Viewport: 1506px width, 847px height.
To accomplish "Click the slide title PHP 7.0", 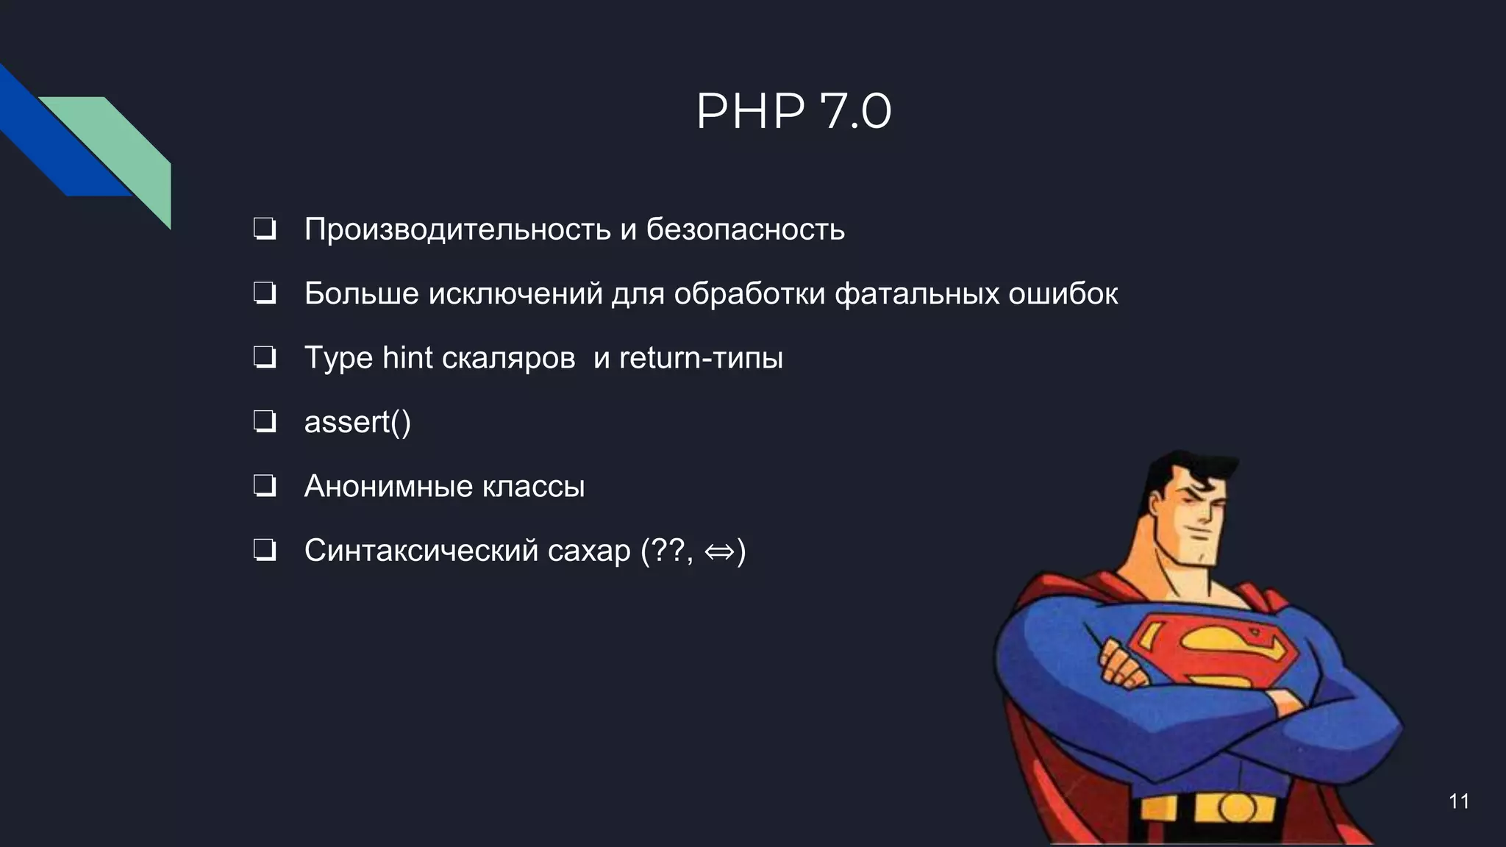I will tap(793, 112).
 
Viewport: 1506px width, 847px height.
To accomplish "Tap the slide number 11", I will tap(1458, 801).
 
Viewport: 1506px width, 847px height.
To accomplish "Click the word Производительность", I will tap(457, 229).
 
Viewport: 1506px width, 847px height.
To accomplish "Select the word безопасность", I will tap(745, 229).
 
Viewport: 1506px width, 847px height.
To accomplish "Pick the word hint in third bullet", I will tap(407, 358).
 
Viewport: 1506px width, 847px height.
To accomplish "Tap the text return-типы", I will tap(701, 358).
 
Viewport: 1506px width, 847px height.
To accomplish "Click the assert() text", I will tap(357, 422).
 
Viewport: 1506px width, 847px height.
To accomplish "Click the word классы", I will tap(534, 487).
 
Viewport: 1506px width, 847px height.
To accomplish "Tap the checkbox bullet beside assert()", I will tap(265, 422).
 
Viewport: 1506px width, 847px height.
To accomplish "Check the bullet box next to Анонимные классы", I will tap(265, 486).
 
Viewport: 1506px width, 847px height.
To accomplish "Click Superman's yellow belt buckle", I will tap(1236, 809).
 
